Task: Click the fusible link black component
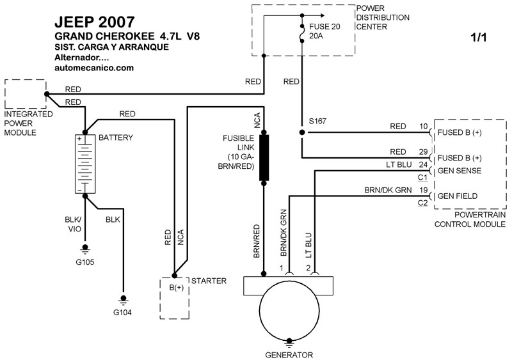click(x=263, y=157)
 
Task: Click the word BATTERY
click(x=116, y=137)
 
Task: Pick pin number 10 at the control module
click(x=423, y=126)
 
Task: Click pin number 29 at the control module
click(x=423, y=152)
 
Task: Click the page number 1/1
click(x=479, y=38)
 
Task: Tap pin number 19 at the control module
click(x=423, y=190)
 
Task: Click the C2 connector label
click(x=422, y=203)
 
